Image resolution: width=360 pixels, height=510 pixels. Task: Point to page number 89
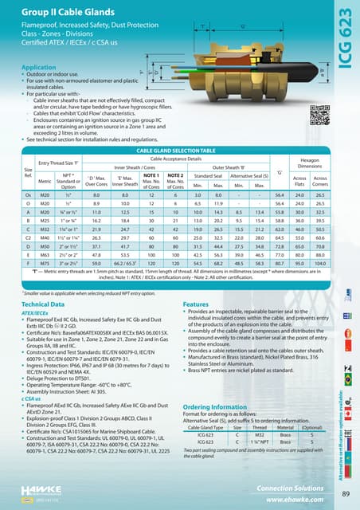click(x=345, y=493)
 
